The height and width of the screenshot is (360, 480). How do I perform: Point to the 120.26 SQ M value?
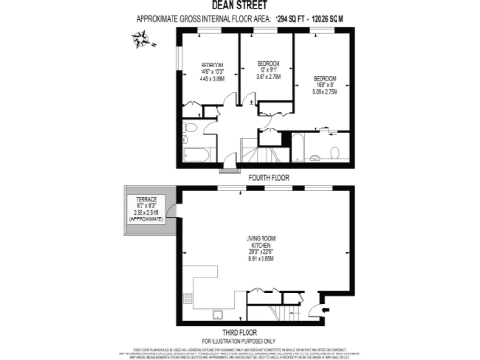336,18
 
